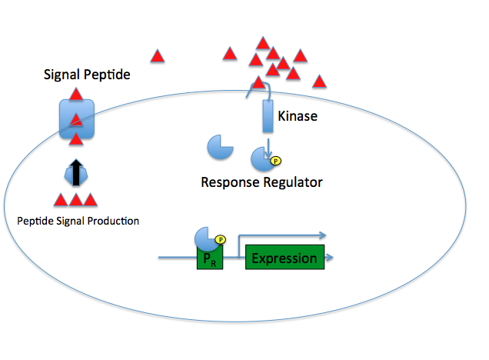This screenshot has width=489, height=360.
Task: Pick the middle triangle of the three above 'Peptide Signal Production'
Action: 76,201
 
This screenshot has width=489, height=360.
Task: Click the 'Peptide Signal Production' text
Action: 78,221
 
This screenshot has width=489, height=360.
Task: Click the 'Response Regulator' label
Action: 261,182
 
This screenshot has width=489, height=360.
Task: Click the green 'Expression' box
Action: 284,258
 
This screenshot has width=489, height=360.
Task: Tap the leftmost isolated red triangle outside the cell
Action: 157,56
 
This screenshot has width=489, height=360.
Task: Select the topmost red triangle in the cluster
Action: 263,43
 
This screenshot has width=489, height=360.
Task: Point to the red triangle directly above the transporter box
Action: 76,95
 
